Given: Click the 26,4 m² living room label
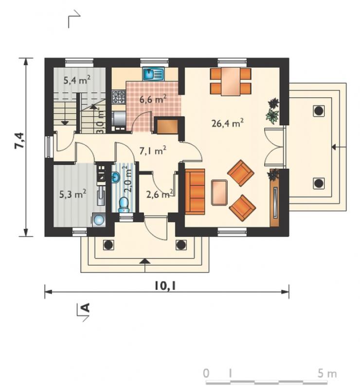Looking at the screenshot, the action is (x=228, y=123).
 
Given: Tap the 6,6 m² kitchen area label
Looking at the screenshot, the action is (x=153, y=99).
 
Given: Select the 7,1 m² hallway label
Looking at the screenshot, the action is (x=153, y=150).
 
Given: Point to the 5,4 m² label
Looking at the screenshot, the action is (x=77, y=80).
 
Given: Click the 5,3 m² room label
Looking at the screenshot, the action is (x=72, y=194).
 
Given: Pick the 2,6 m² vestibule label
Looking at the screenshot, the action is (x=160, y=194).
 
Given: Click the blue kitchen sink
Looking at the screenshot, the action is (x=153, y=74).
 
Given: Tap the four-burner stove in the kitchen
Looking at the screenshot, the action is (x=119, y=97).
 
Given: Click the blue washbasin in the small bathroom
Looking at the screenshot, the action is (x=116, y=177).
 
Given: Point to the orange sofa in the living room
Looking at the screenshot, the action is (x=195, y=192).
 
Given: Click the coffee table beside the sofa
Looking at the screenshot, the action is (x=219, y=193).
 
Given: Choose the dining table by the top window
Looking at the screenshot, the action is (x=231, y=82).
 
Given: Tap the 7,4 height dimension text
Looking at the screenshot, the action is (x=19, y=140).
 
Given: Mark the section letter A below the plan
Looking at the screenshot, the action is (x=85, y=307).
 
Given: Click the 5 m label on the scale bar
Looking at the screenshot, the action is (x=327, y=373).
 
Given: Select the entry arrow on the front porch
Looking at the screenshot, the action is (x=145, y=265).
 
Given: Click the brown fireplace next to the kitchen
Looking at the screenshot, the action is (x=167, y=127).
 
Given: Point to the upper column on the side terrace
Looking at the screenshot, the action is (x=319, y=111).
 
